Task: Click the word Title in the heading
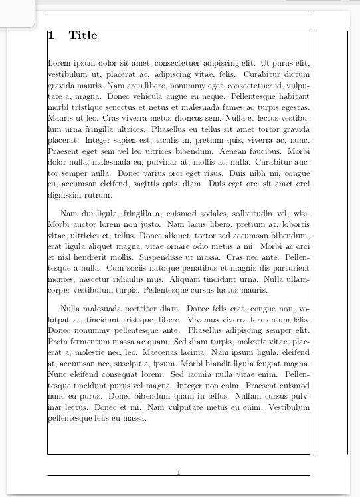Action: point(83,36)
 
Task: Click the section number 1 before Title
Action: point(51,36)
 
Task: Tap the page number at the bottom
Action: point(179,472)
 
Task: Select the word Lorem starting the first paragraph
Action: point(59,63)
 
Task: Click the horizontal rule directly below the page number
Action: point(179,476)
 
